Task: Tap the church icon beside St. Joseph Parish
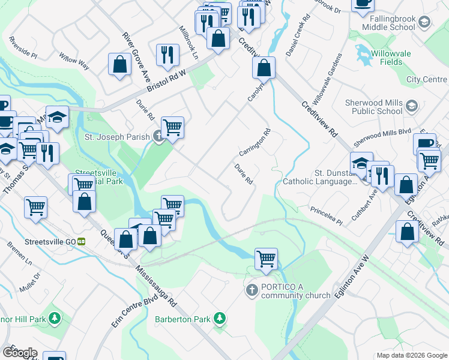(x=158, y=137)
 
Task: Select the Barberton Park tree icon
(x=220, y=319)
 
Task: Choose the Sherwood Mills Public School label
(x=373, y=107)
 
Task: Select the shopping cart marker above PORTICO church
(x=266, y=259)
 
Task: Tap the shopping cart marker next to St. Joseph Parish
(x=172, y=127)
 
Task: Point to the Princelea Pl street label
(x=326, y=217)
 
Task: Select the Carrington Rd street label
(x=255, y=142)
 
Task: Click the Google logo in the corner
(x=19, y=353)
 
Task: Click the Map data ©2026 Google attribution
(x=412, y=355)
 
